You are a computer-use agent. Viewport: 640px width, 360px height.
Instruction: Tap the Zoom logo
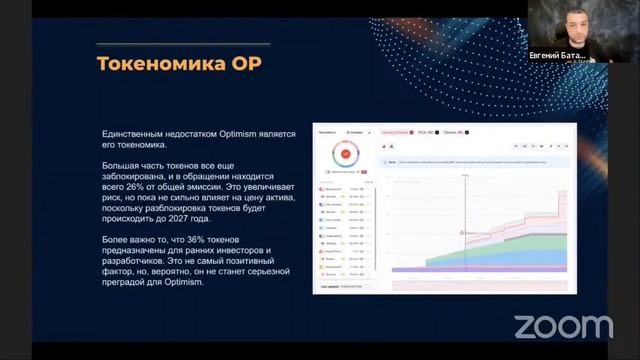click(x=563, y=325)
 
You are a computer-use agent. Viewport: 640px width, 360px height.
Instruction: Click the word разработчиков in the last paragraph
click(x=137, y=260)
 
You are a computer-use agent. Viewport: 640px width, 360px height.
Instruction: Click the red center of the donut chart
click(x=345, y=155)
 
